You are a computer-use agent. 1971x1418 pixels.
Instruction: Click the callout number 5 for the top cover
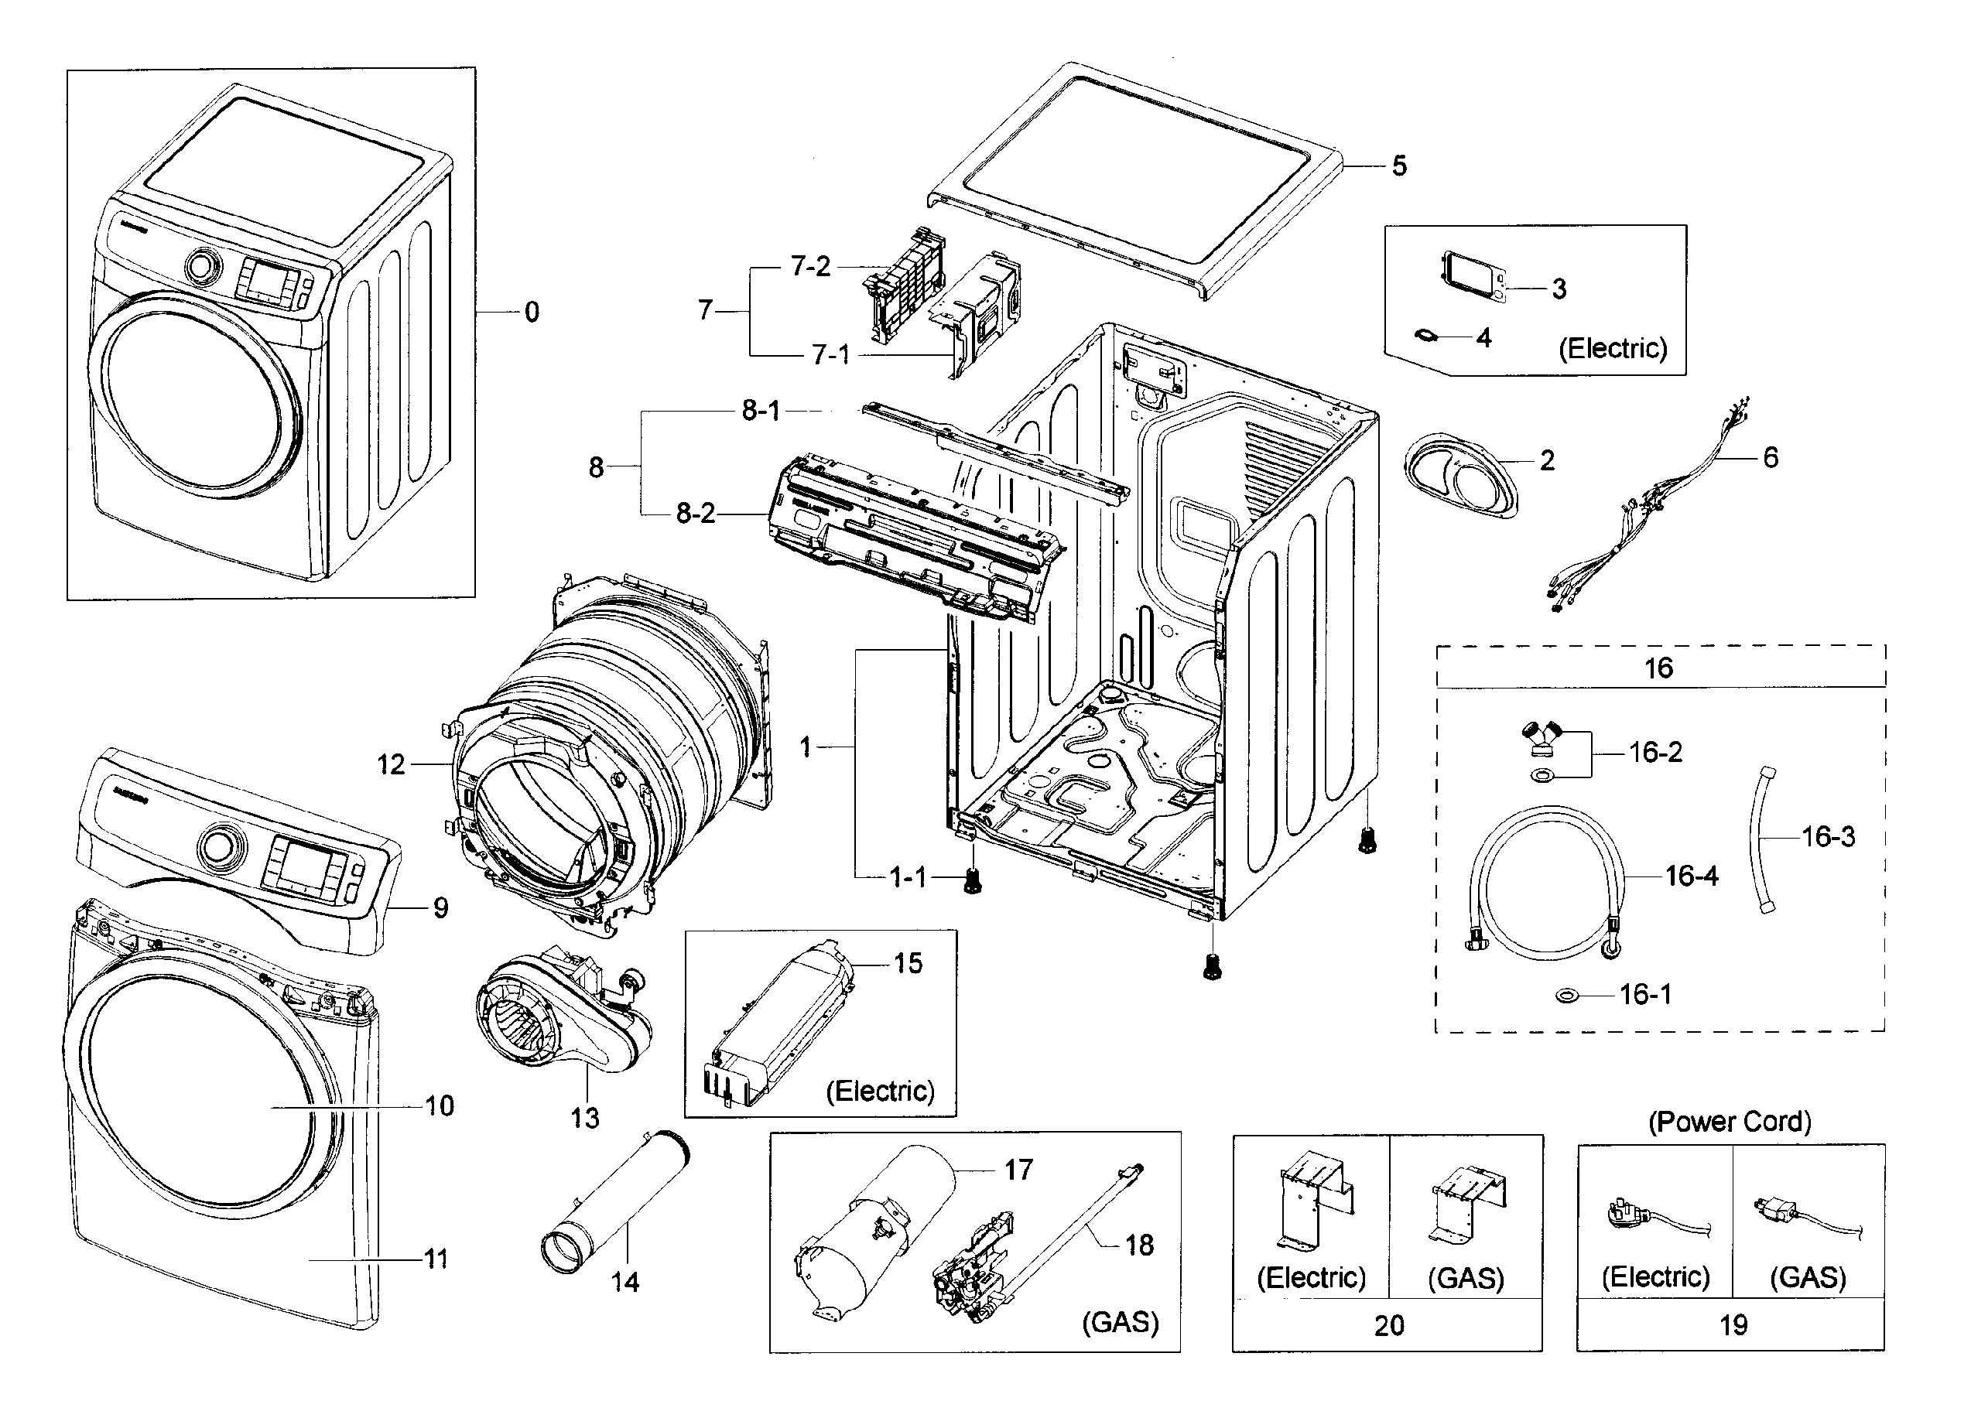[x=1398, y=166]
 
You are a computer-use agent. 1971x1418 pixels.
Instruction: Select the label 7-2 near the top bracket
[x=810, y=267]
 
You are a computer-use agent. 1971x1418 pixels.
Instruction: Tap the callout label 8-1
[x=761, y=411]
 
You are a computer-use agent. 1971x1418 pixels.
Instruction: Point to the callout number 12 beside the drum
[x=391, y=764]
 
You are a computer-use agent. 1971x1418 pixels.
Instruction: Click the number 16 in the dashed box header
[x=1658, y=668]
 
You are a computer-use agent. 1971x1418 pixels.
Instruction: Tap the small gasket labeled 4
[x=1427, y=336]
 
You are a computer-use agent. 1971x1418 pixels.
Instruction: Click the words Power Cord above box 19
[x=1730, y=1122]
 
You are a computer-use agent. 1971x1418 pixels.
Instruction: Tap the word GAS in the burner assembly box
[x=1119, y=1321]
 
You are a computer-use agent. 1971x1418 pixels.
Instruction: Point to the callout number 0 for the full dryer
[x=532, y=312]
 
